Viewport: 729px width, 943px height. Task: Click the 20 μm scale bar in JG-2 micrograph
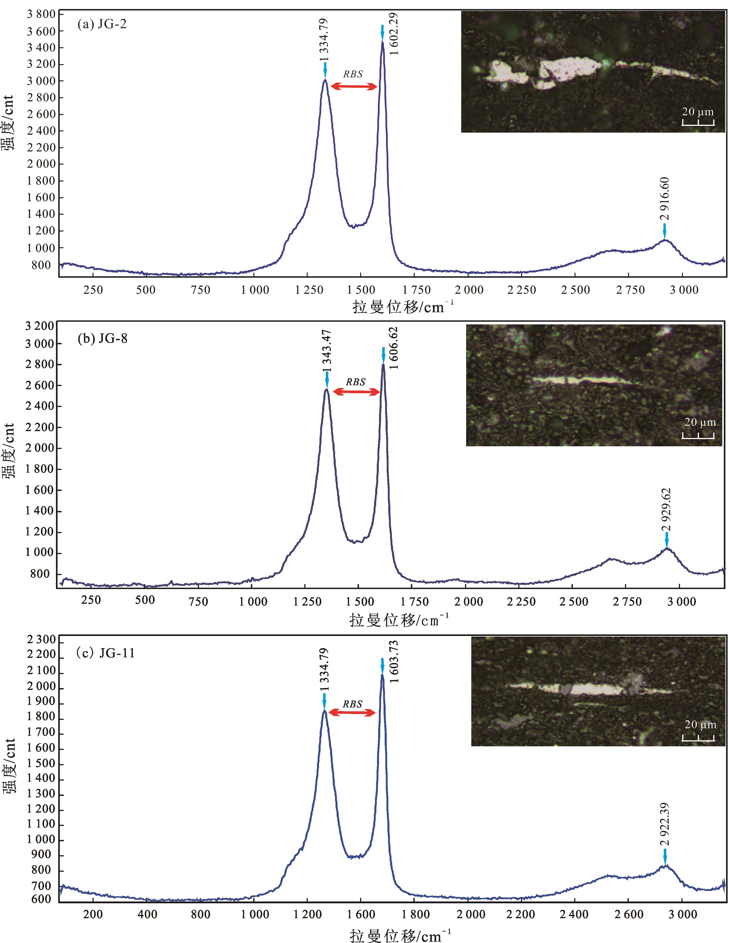[698, 122]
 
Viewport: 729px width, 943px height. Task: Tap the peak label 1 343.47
[327, 351]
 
